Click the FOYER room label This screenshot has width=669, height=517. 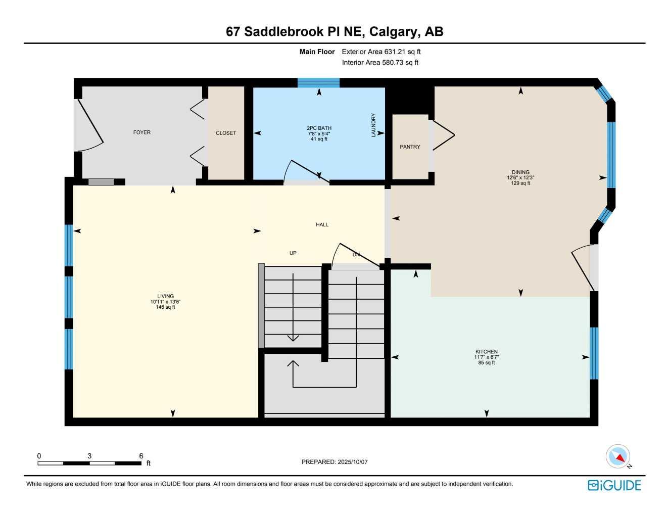142,132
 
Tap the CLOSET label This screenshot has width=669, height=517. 226,133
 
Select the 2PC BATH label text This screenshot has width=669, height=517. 319,128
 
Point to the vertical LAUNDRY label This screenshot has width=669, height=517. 374,125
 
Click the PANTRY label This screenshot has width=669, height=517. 410,147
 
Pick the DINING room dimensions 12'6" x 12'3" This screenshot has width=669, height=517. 520,178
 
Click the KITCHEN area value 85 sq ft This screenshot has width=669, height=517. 487,363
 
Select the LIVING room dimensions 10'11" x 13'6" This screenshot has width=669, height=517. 165,302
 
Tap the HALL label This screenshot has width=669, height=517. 322,225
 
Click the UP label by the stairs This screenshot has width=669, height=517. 293,253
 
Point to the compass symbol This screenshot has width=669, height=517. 618,457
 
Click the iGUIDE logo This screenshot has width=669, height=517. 614,486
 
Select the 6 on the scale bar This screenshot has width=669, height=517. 141,456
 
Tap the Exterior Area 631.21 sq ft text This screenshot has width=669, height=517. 381,52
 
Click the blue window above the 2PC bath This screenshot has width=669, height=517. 318,83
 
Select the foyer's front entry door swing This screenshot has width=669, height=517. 89,126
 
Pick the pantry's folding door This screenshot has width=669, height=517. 443,135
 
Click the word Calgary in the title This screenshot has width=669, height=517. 394,32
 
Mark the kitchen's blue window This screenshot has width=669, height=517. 594,353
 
